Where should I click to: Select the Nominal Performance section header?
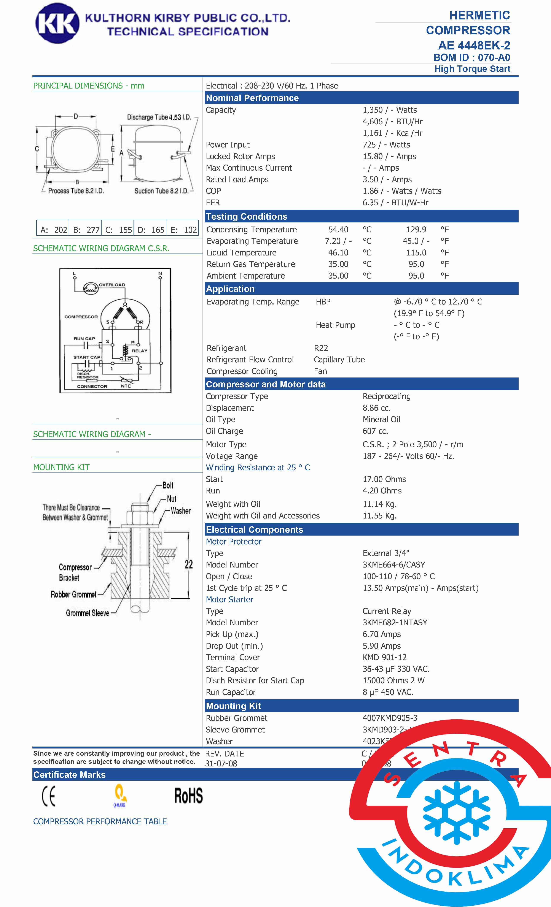click(252, 98)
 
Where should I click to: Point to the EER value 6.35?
click(370, 203)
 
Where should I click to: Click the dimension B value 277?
click(93, 230)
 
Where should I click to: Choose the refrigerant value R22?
click(321, 348)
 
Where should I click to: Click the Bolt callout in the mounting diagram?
click(168, 485)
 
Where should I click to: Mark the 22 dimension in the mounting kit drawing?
click(189, 564)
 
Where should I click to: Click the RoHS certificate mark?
click(188, 796)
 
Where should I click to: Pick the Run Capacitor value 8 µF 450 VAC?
click(388, 692)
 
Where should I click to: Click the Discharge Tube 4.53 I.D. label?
click(159, 117)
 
